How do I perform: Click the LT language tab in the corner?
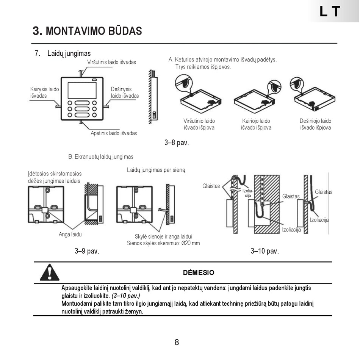(330, 12)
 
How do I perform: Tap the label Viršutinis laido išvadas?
(111, 62)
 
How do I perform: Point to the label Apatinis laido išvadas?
(114, 133)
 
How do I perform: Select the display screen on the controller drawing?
(82, 90)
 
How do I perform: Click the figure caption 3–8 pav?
(177, 143)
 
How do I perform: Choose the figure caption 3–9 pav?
(87, 251)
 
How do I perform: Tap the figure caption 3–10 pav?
(265, 251)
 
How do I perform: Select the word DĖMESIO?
(199, 272)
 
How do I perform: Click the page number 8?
(177, 343)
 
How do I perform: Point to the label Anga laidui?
(70, 234)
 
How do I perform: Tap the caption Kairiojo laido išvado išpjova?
(256, 124)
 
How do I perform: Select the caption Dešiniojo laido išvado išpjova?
(315, 124)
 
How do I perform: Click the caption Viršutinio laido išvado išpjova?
(199, 124)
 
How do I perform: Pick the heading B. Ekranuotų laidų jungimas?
(101, 157)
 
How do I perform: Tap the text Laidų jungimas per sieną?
(156, 170)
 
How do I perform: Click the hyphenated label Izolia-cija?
(248, 193)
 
